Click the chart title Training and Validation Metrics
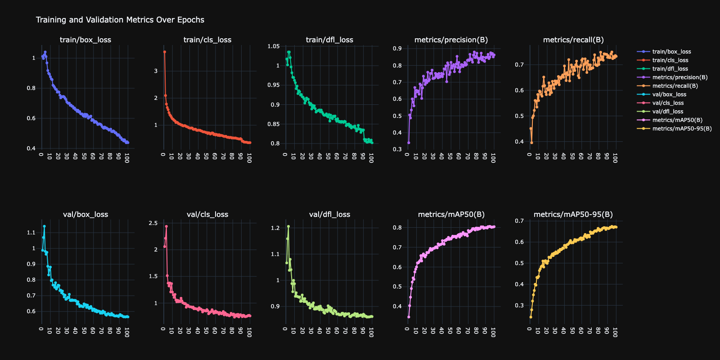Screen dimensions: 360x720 [x=120, y=20]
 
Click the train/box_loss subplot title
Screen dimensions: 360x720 [x=85, y=40]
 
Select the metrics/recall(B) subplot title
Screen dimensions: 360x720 [x=573, y=40]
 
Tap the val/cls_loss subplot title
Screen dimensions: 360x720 [x=207, y=215]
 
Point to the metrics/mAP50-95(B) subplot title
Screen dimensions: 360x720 [x=573, y=215]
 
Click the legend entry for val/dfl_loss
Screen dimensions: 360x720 [x=668, y=112]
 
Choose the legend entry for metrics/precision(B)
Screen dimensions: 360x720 [x=680, y=77]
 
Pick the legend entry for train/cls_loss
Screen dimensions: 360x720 [x=670, y=60]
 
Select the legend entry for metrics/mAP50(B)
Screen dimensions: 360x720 [x=677, y=120]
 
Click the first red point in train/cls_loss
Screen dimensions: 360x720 [x=165, y=52]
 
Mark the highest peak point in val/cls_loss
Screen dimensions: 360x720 [x=166, y=226]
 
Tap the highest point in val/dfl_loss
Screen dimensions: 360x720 [x=288, y=226]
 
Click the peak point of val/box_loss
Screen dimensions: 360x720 [x=44, y=226]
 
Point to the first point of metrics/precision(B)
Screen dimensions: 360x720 [x=409, y=143]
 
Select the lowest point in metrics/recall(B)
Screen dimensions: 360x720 [x=531, y=143]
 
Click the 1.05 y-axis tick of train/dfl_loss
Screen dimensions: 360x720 [x=274, y=46]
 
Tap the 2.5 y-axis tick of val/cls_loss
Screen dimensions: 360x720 [x=153, y=223]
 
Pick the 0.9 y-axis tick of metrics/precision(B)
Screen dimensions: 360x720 [x=397, y=49]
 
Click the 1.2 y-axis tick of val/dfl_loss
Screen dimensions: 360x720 [x=275, y=228]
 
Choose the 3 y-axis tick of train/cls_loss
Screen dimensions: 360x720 [x=156, y=71]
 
